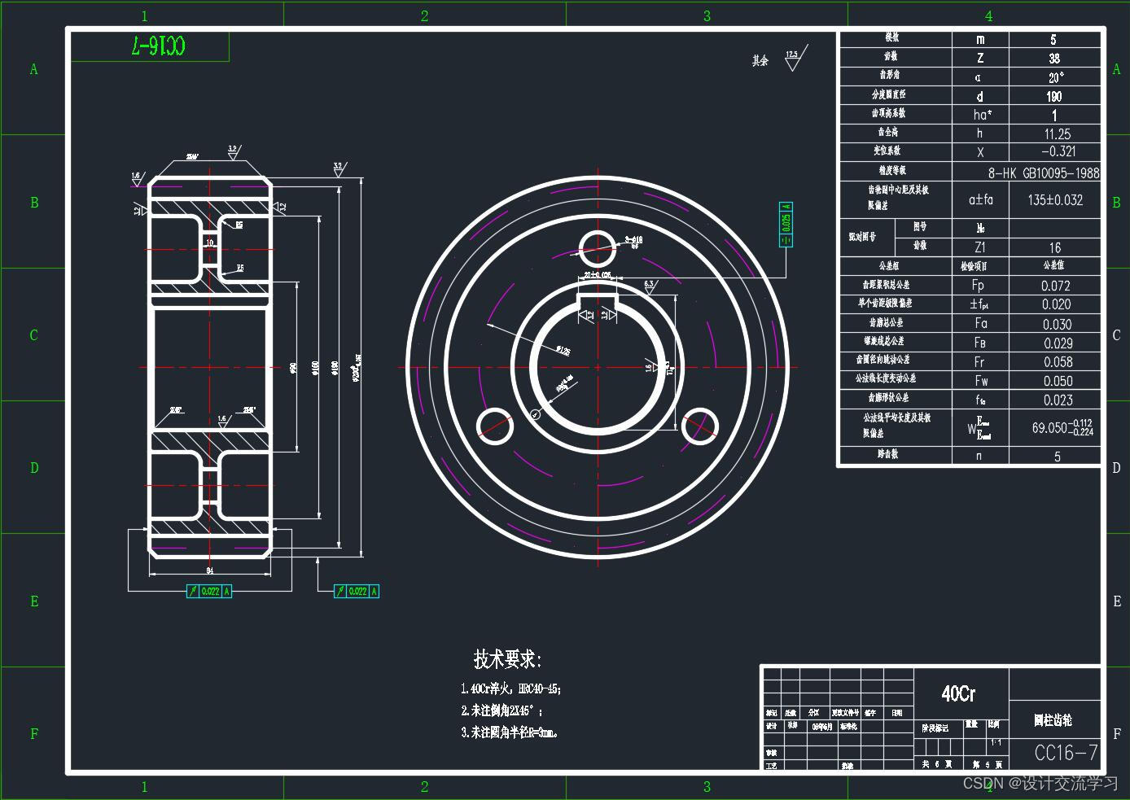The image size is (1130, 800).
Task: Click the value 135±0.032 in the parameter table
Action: pos(1055,199)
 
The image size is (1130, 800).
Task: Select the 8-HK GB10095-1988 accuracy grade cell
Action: pos(1044,173)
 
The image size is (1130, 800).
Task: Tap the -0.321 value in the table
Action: pos(1058,151)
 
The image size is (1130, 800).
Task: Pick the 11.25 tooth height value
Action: pos(1058,134)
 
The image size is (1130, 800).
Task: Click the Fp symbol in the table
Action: pos(978,285)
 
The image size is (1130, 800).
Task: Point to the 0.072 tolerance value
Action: pos(1056,286)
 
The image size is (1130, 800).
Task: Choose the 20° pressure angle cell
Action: pos(1056,78)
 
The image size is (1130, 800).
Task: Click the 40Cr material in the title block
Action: pos(958,693)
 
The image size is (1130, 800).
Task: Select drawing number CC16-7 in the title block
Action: pos(1066,753)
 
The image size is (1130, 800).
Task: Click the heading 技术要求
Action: pos(507,658)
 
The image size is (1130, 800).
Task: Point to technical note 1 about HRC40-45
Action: pos(511,689)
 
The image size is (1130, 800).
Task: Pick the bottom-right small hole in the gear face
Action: pos(699,426)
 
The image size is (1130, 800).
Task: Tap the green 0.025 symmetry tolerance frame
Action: pos(786,223)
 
